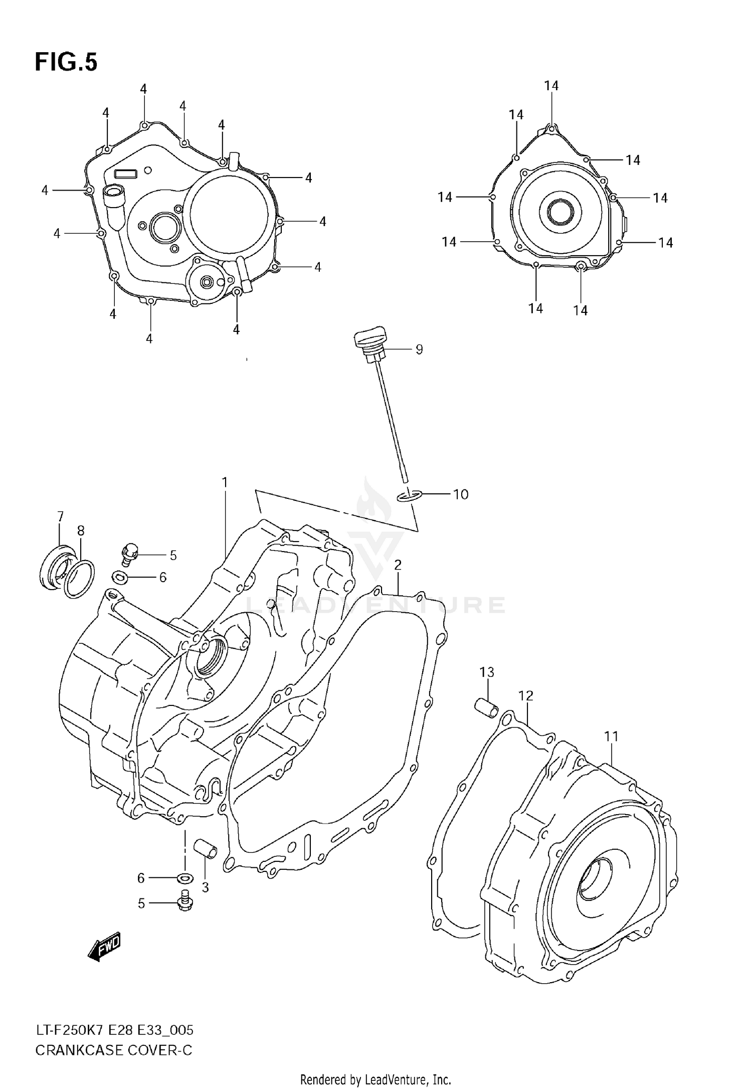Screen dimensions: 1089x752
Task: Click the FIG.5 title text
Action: [66, 63]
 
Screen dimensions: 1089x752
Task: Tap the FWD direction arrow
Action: [105, 947]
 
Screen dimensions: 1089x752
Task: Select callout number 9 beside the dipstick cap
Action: [419, 349]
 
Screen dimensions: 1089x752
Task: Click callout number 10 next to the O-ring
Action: [460, 494]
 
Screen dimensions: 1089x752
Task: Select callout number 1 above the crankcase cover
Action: [225, 482]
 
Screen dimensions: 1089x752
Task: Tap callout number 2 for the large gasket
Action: [398, 566]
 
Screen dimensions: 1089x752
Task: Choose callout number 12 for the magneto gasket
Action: [526, 695]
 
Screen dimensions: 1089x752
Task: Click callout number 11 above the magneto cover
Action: [611, 737]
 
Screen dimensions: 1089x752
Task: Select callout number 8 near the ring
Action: [81, 530]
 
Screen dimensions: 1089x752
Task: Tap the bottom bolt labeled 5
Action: [185, 903]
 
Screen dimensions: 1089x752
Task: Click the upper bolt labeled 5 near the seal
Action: [130, 553]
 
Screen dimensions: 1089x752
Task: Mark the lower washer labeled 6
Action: [185, 878]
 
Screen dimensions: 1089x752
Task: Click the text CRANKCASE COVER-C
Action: [113, 1050]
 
